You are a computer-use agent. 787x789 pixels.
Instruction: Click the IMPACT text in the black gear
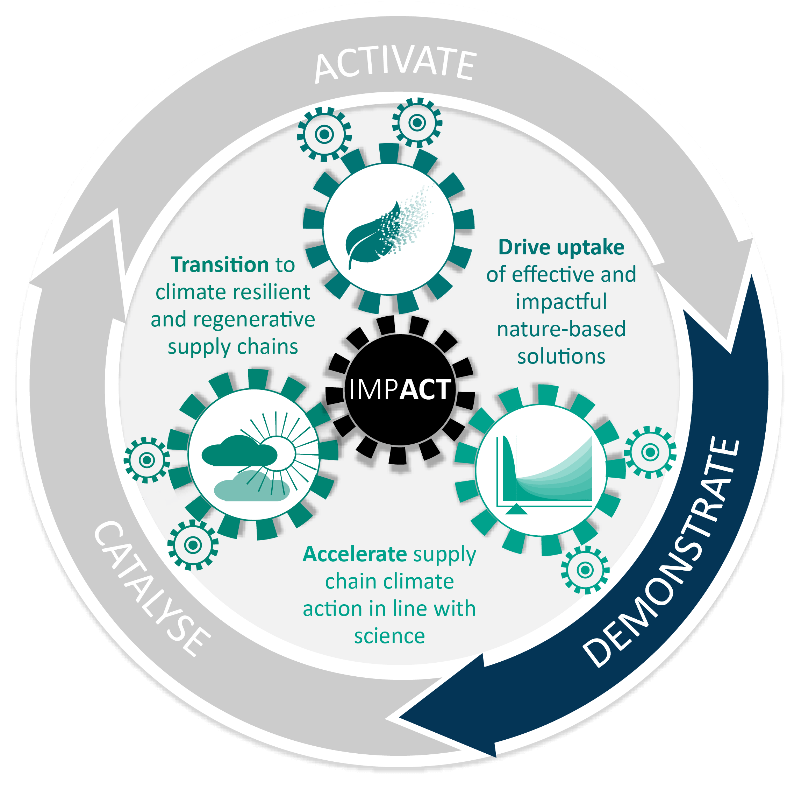click(400, 389)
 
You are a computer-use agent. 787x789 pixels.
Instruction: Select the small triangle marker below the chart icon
click(517, 509)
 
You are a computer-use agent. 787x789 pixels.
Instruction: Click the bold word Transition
click(220, 265)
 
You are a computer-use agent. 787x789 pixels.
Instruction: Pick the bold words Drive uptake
click(561, 247)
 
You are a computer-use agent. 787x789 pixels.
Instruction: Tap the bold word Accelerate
click(355, 554)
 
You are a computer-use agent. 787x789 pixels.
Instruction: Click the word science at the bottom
click(389, 636)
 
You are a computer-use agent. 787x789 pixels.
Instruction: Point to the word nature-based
click(561, 329)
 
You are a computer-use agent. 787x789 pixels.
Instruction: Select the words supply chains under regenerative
click(233, 347)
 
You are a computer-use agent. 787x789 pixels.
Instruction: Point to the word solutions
click(561, 356)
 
